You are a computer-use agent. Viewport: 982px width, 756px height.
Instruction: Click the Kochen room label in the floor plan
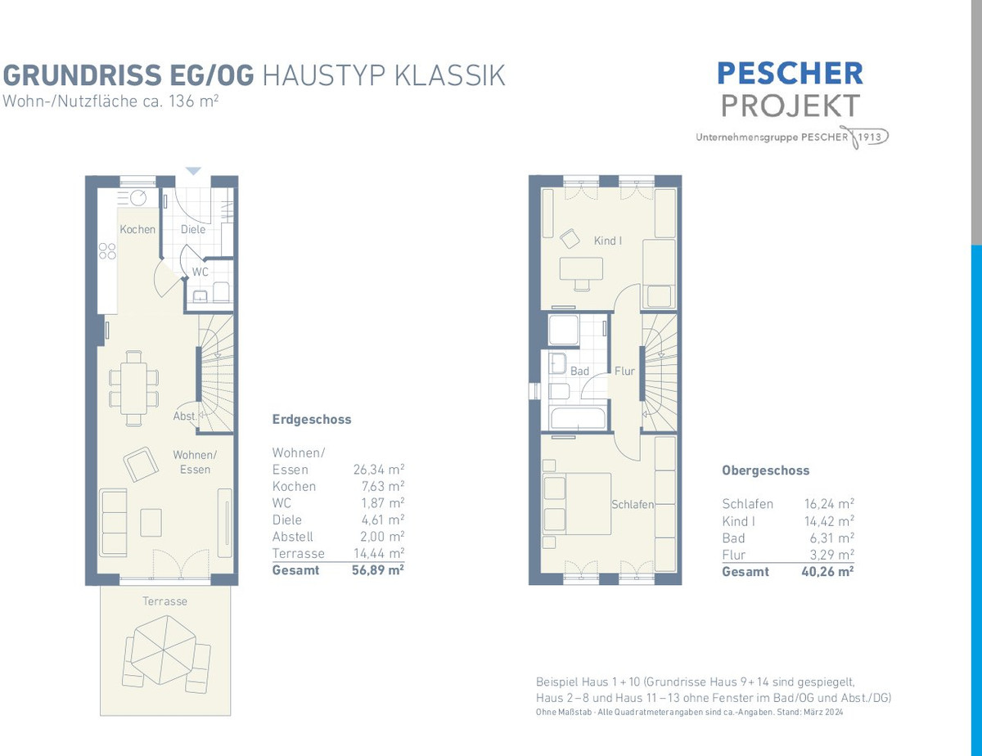click(x=137, y=229)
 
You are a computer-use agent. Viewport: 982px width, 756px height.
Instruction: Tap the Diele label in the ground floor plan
click(x=193, y=229)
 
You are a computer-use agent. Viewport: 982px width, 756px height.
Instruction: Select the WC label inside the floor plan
click(x=200, y=272)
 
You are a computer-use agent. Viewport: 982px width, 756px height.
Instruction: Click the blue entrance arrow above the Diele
click(x=193, y=171)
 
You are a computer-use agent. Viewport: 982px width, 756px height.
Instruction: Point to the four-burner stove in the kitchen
click(x=107, y=251)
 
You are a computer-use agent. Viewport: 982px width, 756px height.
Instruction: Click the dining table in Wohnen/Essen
click(x=133, y=389)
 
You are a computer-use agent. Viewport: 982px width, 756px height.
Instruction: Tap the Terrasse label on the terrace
click(x=165, y=601)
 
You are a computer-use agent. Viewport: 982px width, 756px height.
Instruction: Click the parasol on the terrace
click(x=164, y=650)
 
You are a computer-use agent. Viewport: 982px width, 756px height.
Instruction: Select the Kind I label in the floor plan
click(x=608, y=241)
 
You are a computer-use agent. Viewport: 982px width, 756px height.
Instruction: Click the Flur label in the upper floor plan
click(x=624, y=371)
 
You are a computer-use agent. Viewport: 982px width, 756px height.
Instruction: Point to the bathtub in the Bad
click(x=578, y=418)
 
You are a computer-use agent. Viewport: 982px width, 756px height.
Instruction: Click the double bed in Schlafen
click(x=577, y=504)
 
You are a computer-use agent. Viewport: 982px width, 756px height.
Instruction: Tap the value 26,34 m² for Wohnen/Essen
click(x=379, y=470)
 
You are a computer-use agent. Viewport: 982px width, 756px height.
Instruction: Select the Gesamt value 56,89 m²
click(x=378, y=570)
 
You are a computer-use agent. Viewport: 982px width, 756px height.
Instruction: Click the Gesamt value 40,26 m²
click(x=828, y=572)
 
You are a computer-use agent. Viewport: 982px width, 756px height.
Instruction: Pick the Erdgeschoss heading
click(x=312, y=420)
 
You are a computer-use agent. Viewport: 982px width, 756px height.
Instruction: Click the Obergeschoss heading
click(x=765, y=470)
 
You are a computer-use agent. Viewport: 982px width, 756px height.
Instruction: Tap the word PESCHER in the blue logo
click(x=791, y=74)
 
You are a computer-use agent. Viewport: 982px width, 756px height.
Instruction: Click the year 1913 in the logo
click(x=869, y=137)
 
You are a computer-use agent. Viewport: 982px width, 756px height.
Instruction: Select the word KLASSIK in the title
click(x=449, y=75)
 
